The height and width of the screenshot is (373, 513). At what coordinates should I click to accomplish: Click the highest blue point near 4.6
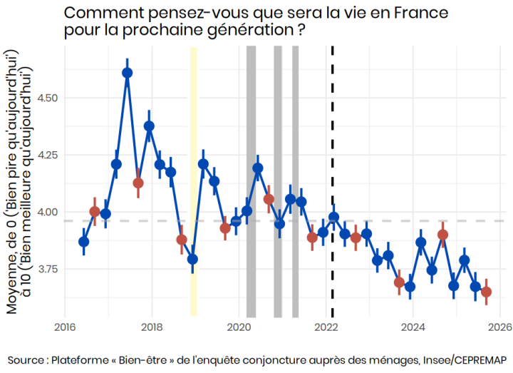127,72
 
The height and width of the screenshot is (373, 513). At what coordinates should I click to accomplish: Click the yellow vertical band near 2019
193,178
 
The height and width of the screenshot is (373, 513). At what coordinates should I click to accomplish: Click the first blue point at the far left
83,242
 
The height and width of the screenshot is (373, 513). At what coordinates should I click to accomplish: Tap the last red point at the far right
486,292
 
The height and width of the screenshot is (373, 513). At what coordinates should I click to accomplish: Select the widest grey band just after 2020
251,178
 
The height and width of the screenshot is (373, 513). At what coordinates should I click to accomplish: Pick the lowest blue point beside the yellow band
192,259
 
